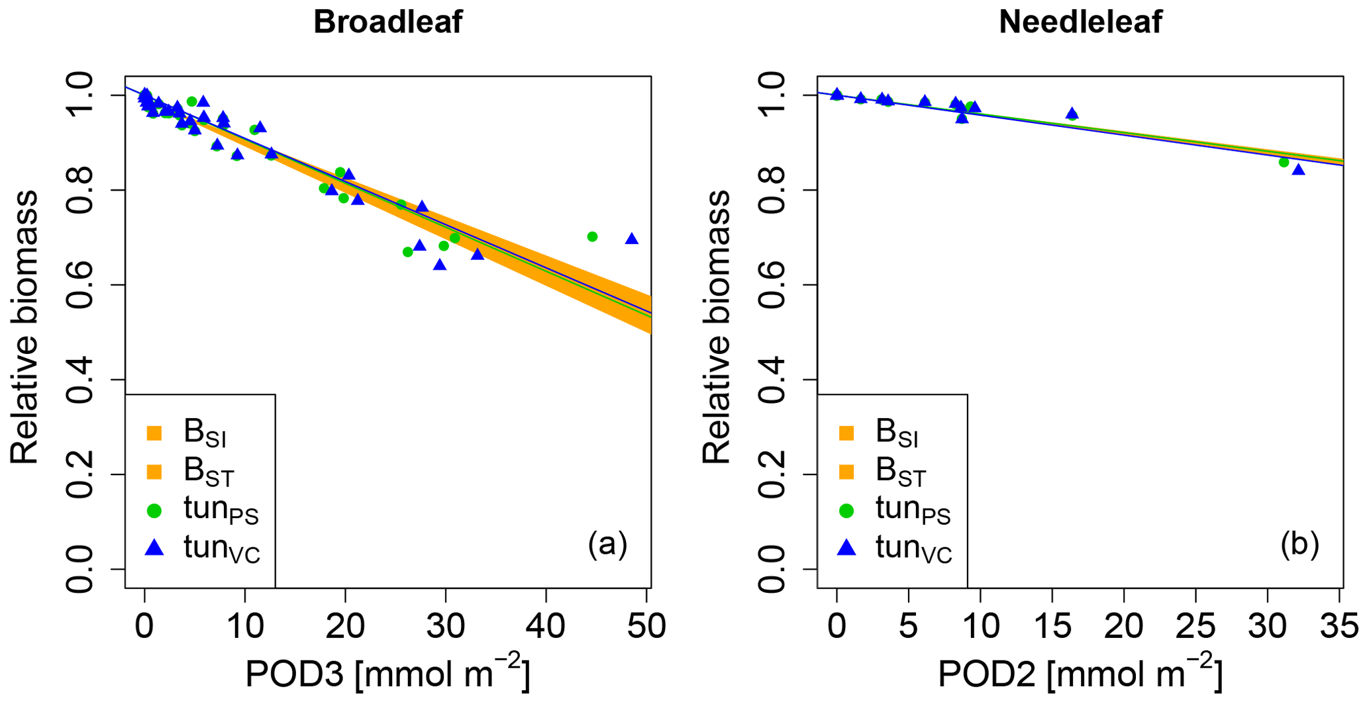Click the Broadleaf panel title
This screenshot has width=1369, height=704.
(387, 22)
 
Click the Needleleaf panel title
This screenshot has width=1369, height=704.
(1080, 22)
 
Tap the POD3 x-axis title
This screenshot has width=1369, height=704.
(387, 674)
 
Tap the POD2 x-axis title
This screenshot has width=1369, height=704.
(1080, 674)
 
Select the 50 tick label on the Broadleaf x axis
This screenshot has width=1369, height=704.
(647, 625)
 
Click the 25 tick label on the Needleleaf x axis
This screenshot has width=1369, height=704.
(1195, 625)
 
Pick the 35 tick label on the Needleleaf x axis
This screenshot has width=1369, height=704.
(1339, 625)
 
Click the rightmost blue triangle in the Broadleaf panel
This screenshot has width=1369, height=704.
(632, 239)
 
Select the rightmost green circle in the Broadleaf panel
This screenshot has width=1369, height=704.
(592, 237)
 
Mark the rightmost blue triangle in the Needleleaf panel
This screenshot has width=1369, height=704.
(1298, 170)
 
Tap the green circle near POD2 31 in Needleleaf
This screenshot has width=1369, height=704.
(1284, 162)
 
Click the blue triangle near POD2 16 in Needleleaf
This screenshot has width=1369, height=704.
(1072, 114)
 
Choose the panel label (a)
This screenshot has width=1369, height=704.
(607, 545)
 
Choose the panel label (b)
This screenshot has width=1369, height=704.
(1299, 545)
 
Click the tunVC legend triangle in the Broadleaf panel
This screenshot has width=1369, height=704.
(154, 548)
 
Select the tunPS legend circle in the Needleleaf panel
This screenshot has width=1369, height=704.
(846, 511)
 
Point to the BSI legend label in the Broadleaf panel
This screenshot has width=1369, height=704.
(205, 433)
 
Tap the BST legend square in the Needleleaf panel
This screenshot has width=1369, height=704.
(846, 472)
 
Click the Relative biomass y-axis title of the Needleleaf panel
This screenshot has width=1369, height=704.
(716, 328)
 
